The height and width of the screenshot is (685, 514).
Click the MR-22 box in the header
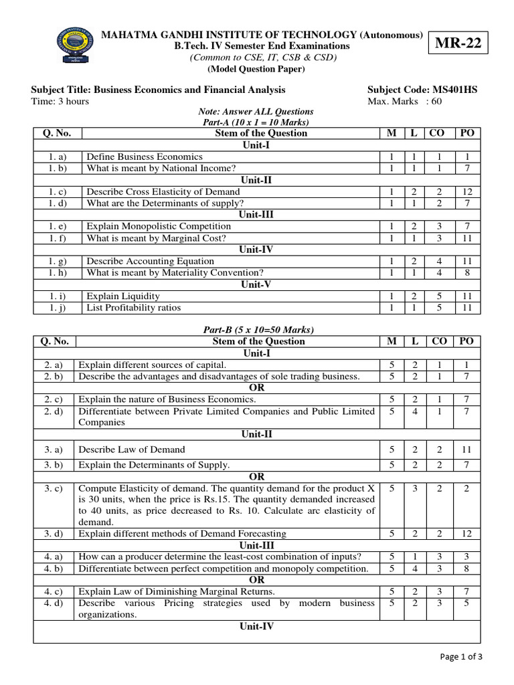[458, 45]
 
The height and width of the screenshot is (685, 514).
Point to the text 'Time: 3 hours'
[60, 102]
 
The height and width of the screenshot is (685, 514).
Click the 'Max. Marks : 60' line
[405, 102]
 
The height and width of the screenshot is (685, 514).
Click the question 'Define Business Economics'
[145, 157]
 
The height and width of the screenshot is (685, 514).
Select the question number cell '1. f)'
[57, 237]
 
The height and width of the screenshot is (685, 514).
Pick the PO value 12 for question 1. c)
[467, 191]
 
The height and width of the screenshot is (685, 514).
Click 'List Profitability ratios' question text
[134, 308]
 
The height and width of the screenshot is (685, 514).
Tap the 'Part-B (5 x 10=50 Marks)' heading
[258, 330]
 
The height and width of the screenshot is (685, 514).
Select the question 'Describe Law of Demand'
[132, 449]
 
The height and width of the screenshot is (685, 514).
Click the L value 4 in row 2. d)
[414, 411]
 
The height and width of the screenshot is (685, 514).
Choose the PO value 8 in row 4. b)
[466, 569]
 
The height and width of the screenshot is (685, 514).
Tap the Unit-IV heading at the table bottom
[257, 627]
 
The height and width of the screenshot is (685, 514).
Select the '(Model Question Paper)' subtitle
[257, 69]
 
